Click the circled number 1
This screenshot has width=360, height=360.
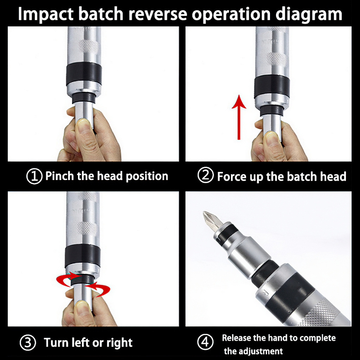[34, 176]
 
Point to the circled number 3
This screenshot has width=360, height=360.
[28, 342]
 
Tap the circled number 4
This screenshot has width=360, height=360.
[205, 342]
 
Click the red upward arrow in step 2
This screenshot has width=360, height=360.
[239, 117]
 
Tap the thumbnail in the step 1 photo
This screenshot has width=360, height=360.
[84, 126]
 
